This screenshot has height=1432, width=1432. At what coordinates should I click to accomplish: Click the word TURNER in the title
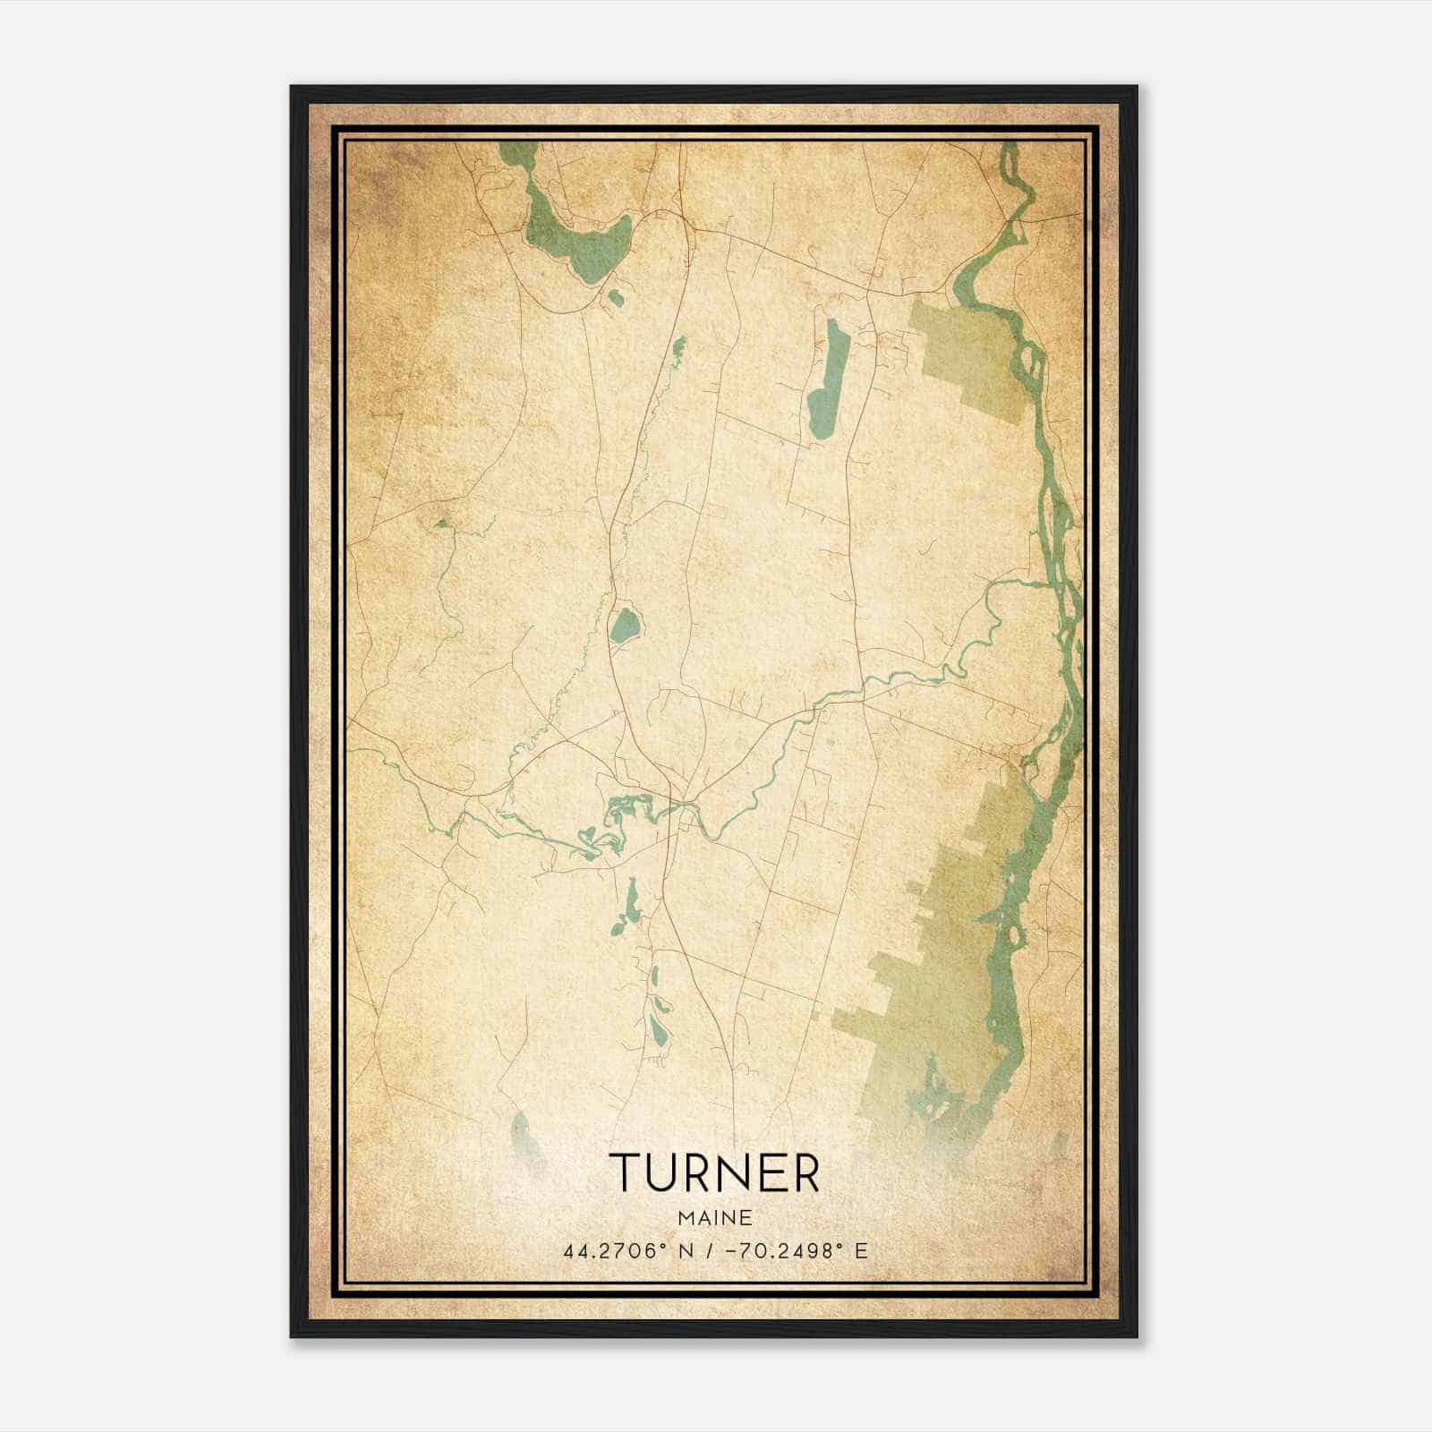pos(714,1173)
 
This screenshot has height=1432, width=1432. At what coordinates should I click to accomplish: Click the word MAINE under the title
pos(714,1218)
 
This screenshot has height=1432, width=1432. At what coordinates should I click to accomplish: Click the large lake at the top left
pos(573,242)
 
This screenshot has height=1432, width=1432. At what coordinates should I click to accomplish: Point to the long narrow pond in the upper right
pos(828,380)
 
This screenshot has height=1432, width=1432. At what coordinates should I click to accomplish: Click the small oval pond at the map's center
pos(625,624)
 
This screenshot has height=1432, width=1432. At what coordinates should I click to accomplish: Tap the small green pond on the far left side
pos(440,522)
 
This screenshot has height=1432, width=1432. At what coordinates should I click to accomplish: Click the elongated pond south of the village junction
pos(631,904)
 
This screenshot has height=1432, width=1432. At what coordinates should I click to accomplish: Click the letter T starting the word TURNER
pos(622,1173)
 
